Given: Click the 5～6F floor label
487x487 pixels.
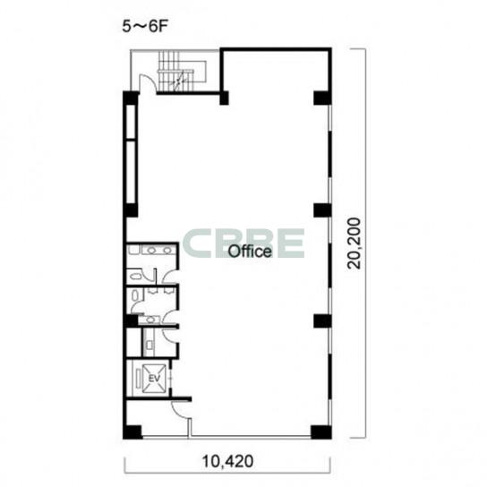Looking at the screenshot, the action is pyautogui.click(x=145, y=27).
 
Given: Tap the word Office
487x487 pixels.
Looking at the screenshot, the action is pyautogui.click(x=250, y=251).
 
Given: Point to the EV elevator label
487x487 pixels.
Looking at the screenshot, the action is pyautogui.click(x=154, y=379).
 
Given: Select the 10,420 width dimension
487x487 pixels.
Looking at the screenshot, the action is pyautogui.click(x=227, y=461).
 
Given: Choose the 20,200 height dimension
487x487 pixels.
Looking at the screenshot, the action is pyautogui.click(x=355, y=243).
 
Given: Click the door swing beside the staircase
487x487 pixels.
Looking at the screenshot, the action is pyautogui.click(x=147, y=83).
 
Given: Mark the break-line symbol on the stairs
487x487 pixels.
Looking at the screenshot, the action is pyautogui.click(x=178, y=81).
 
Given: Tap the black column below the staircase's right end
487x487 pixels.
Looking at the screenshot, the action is pyautogui.click(x=224, y=98).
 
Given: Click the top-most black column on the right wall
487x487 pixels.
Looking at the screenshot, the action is pyautogui.click(x=322, y=98).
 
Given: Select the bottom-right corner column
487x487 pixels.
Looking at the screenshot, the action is pyautogui.click(x=321, y=432).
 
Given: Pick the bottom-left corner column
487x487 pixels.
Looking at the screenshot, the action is pyautogui.click(x=132, y=432).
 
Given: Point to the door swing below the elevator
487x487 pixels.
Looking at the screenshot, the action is pyautogui.click(x=181, y=409).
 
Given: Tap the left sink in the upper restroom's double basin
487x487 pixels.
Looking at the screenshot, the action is pyautogui.click(x=151, y=250).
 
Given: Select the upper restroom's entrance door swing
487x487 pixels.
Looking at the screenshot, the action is pyautogui.click(x=170, y=277).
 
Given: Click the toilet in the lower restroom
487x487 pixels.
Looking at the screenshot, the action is pyautogui.click(x=135, y=295).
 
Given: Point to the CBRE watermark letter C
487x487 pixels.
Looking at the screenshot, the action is pyautogui.click(x=199, y=243).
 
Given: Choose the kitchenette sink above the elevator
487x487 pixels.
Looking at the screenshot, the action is pyautogui.click(x=150, y=345).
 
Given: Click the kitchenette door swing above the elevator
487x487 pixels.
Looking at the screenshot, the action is pyautogui.click(x=169, y=335).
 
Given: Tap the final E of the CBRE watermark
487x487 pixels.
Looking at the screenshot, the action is pyautogui.click(x=291, y=243).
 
